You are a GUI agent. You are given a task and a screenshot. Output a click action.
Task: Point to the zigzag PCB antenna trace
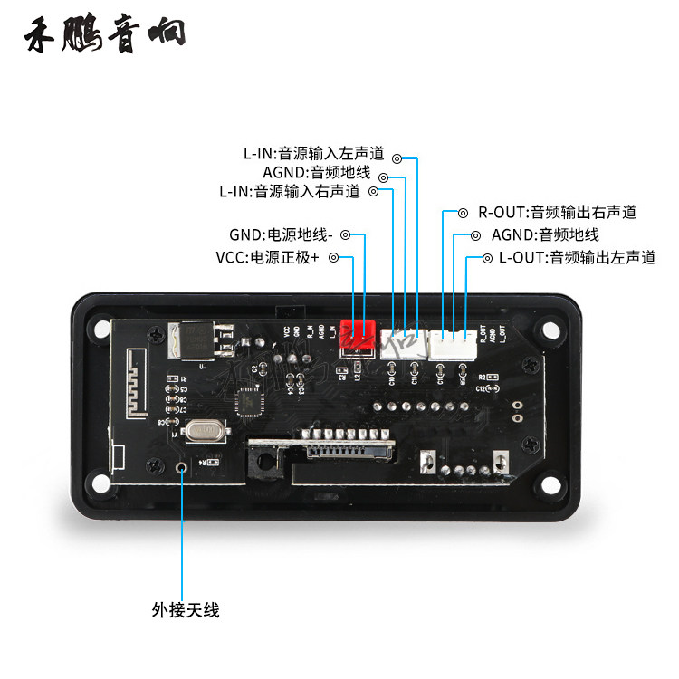[x=137, y=384]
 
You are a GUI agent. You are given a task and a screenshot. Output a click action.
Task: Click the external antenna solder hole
[x=183, y=468]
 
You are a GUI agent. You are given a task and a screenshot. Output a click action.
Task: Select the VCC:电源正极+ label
[x=268, y=258]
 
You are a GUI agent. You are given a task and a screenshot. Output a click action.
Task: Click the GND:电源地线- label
[x=281, y=234]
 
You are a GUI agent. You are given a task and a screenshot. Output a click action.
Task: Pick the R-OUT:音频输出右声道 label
[x=557, y=213]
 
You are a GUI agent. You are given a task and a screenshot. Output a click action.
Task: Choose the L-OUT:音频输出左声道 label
[x=576, y=258]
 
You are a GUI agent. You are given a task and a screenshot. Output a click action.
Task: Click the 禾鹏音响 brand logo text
[x=107, y=33]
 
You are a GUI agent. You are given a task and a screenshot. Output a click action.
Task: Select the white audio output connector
[x=453, y=342]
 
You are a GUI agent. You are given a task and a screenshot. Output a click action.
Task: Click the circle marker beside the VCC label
[x=333, y=258]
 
